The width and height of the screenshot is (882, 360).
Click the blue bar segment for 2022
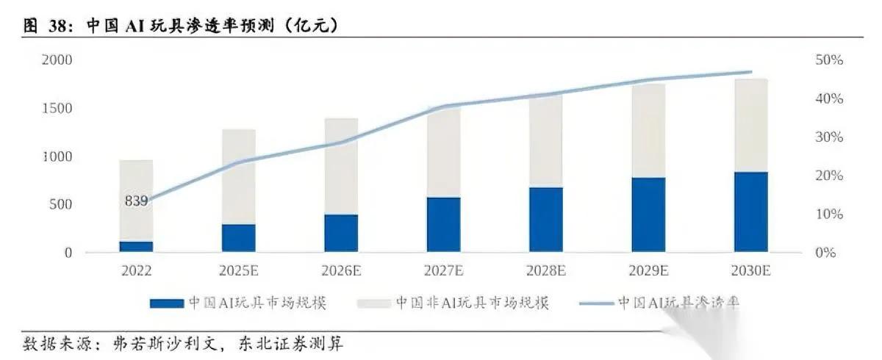point(136,246)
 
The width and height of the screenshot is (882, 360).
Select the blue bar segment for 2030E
point(750,212)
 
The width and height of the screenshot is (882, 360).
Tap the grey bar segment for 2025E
point(239,176)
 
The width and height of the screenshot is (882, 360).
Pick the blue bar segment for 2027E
point(444,225)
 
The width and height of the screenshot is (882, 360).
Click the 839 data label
point(136,201)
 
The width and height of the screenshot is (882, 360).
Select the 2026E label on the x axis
point(341,271)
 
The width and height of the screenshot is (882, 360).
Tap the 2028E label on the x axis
point(546,271)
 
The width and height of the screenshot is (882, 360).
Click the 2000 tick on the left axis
point(57,60)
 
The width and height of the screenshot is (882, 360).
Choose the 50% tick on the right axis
point(829,60)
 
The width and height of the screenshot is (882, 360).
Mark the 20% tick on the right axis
point(829,176)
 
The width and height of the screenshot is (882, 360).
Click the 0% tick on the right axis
point(826,253)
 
